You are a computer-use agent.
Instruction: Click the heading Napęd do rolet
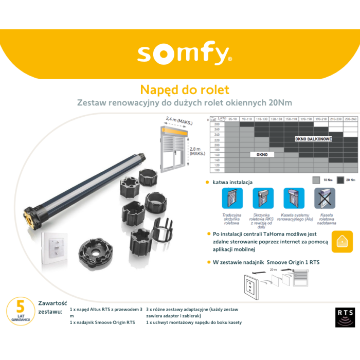point(184,89)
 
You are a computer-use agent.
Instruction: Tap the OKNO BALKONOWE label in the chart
point(313,139)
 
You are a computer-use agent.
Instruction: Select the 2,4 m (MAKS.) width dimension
point(177,121)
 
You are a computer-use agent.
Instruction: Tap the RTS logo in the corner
point(345,317)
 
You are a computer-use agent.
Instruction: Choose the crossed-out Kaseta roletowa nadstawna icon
point(325,198)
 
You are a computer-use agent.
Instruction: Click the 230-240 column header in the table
point(351,119)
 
